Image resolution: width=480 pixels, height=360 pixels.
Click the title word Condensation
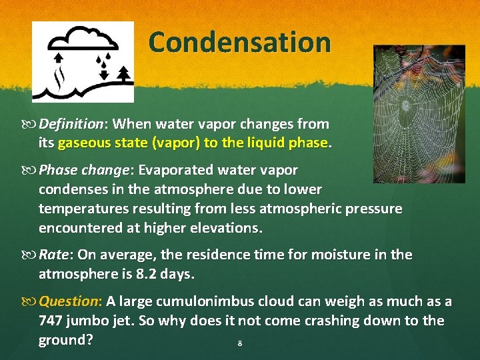240,42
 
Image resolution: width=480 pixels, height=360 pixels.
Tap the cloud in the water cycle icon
83,39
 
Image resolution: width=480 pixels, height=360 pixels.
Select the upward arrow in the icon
59,57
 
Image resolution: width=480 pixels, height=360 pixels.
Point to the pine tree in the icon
124,74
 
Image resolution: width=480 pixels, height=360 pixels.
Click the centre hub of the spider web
405,105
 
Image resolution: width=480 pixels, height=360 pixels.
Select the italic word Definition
71,124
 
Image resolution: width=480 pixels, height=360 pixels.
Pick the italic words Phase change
83,170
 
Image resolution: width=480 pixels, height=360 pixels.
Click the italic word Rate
53,255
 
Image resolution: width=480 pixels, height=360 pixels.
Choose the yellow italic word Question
69,302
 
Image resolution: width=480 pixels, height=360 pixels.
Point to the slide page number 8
240,343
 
